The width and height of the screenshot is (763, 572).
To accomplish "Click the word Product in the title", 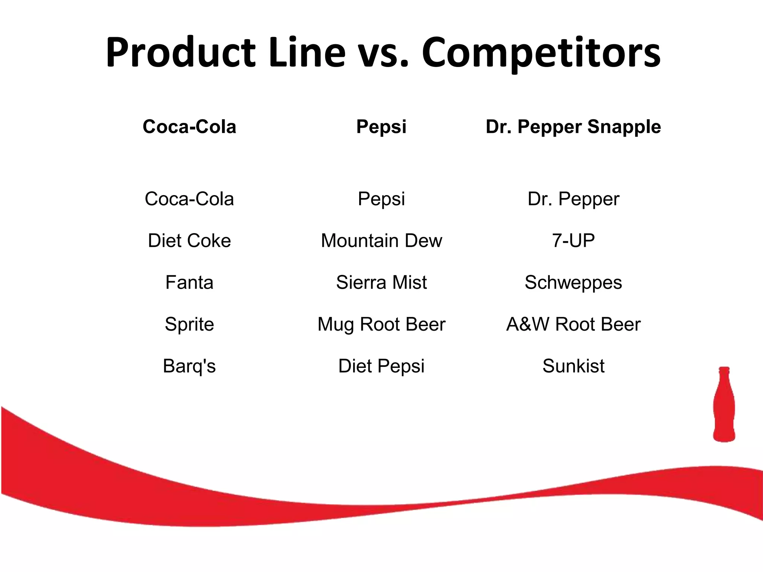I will point(180,53).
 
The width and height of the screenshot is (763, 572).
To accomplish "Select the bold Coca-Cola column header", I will point(189,127).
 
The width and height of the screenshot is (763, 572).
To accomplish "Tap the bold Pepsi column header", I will point(381,127).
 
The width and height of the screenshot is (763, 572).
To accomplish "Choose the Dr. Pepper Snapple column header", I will point(573,127).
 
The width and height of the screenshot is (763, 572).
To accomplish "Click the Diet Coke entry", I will point(189,241).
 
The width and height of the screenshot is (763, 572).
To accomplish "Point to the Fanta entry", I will point(189,282).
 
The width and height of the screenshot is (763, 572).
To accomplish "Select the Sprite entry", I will point(189,324).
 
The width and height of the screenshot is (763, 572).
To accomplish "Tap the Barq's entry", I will point(189,366).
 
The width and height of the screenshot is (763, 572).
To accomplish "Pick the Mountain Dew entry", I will point(381,241).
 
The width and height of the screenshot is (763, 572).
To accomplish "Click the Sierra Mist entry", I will point(381,282).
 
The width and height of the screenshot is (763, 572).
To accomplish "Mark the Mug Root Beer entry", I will point(381,324).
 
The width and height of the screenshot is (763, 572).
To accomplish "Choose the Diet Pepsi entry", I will point(381,366).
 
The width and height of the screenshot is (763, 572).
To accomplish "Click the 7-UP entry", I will point(573,241).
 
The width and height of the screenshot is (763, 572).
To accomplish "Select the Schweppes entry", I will point(573,282).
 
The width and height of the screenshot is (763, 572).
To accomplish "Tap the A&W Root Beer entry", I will point(573,324).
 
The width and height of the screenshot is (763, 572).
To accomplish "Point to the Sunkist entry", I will point(573,366).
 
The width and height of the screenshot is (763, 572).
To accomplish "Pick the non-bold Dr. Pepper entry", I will point(573,199).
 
